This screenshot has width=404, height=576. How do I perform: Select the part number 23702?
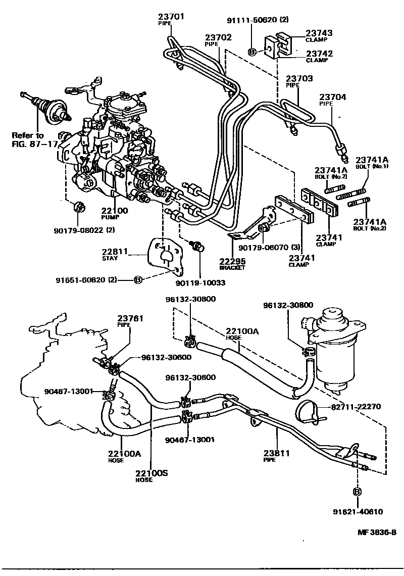[218, 37]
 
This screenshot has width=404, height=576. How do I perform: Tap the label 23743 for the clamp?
[319, 33]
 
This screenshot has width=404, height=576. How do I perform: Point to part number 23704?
[331, 97]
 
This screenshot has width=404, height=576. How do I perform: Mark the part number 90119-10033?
[200, 283]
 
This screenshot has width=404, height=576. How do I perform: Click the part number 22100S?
[151, 473]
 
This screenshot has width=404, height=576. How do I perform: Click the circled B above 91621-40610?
[358, 492]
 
